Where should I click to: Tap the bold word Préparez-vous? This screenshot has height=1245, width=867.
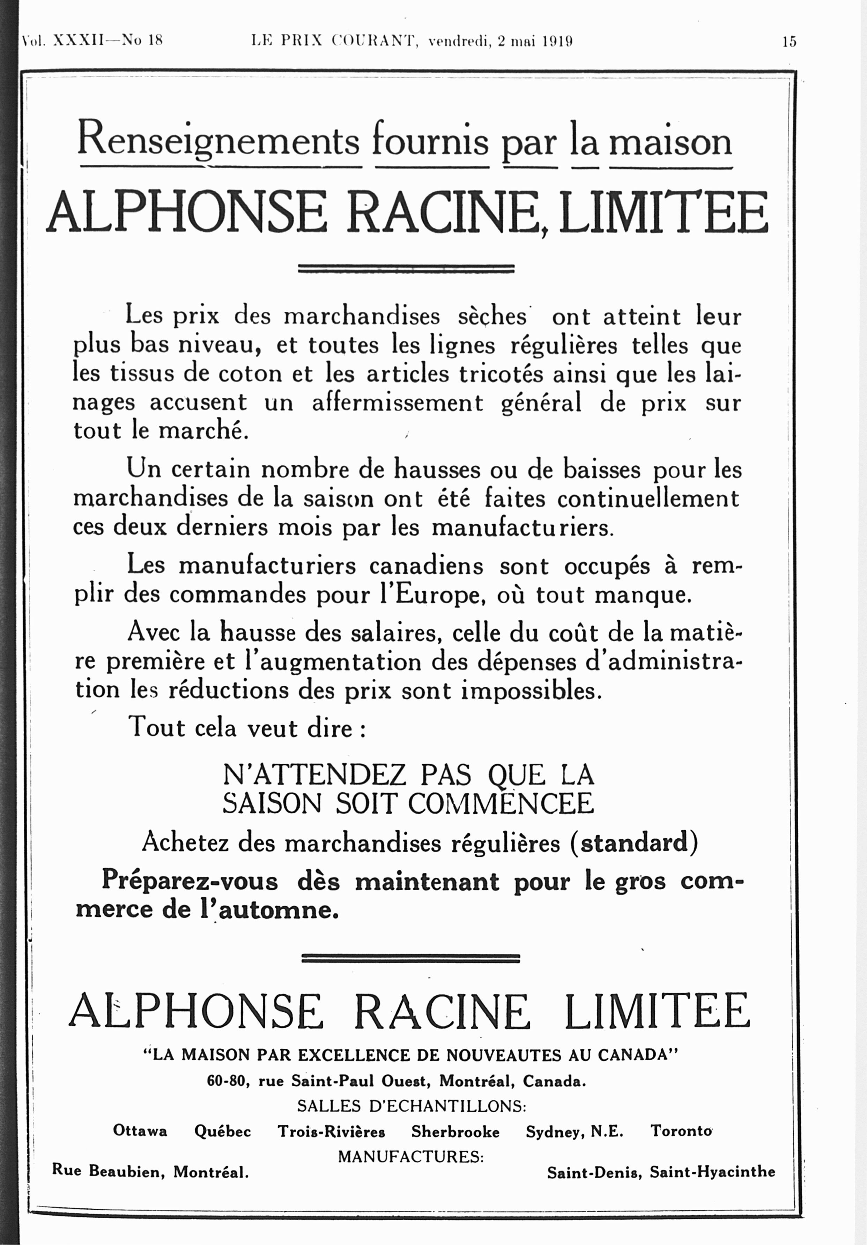coord(190,881)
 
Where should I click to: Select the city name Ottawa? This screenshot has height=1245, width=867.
coord(140,1131)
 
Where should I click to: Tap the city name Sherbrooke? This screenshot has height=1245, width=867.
coord(455,1132)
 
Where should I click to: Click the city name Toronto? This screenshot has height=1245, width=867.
coord(681,1131)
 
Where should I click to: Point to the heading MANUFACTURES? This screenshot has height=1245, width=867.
coord(410,1157)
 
